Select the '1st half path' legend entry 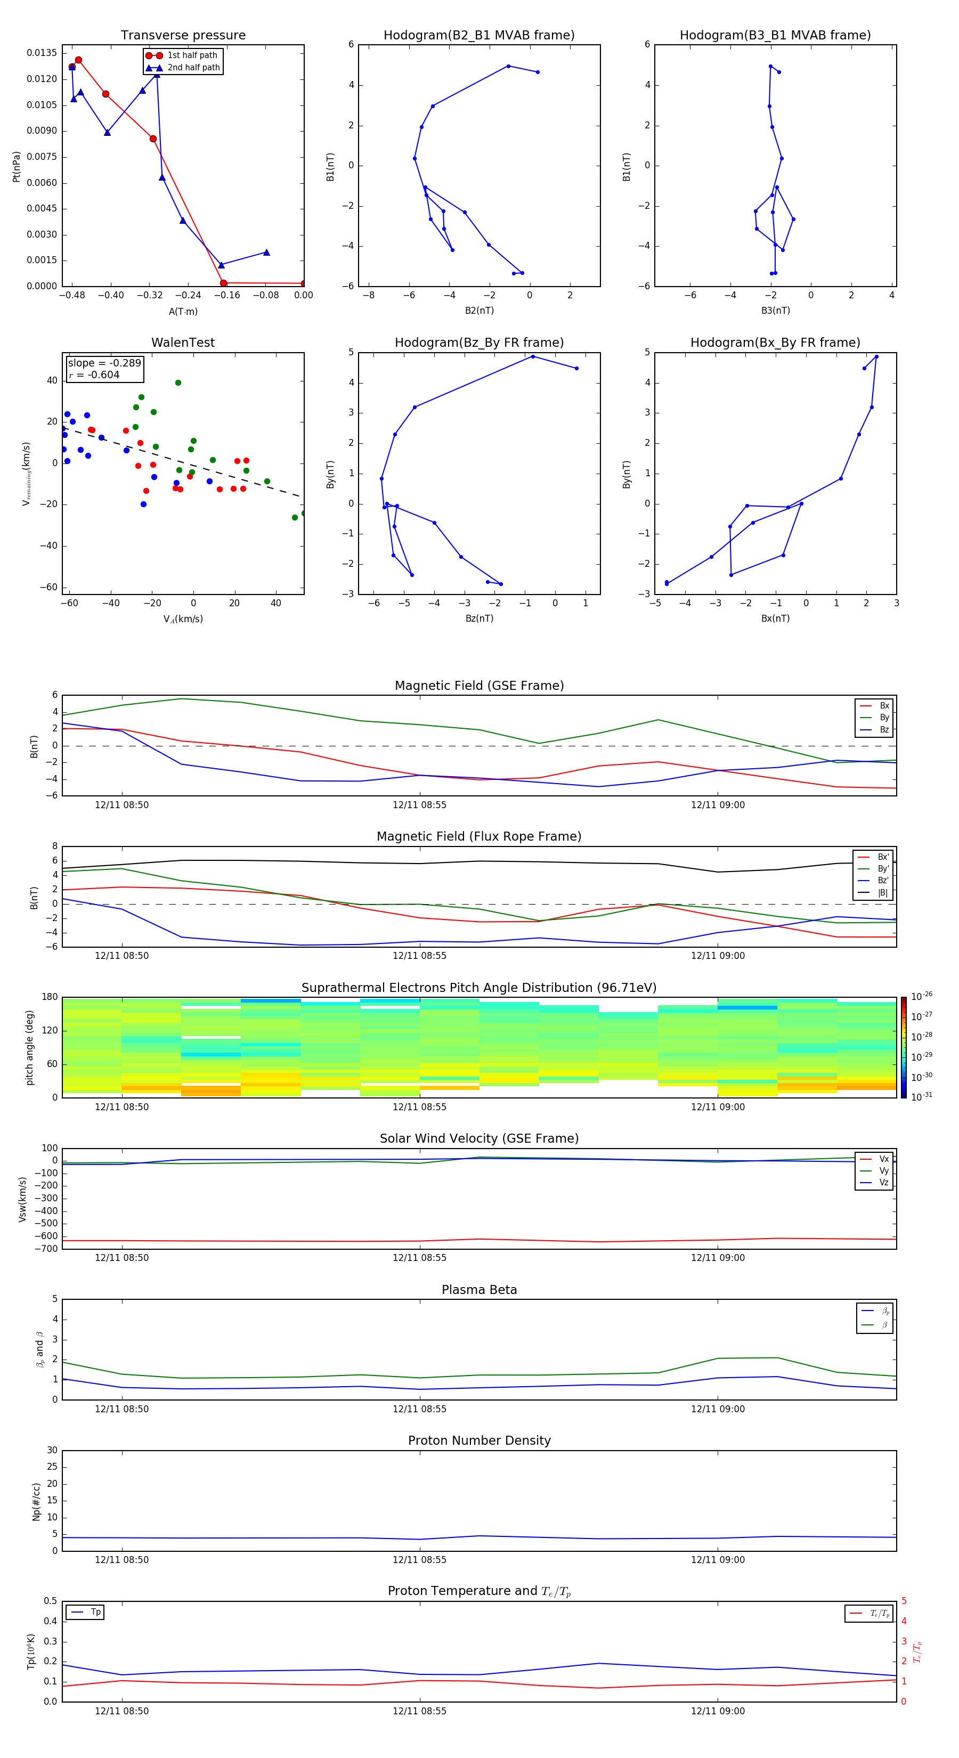point(192,55)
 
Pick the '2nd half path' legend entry point(193,68)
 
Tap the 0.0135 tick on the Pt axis point(42,53)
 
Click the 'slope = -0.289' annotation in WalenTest point(104,363)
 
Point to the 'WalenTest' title point(183,343)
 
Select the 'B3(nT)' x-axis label point(775,311)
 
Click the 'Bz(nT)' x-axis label point(479,618)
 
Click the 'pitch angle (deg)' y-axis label point(29,1047)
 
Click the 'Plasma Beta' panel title point(479,1290)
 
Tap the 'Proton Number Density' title point(479,1440)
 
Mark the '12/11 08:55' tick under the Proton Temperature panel point(419,1711)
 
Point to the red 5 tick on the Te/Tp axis point(904,1601)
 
